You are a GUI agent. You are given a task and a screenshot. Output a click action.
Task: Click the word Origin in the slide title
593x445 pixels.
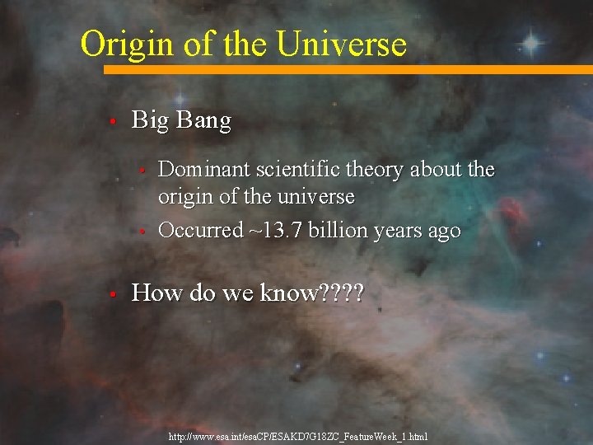point(124,44)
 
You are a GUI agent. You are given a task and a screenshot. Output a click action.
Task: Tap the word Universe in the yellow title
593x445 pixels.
point(342,44)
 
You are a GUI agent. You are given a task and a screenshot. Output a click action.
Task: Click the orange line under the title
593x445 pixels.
point(346,70)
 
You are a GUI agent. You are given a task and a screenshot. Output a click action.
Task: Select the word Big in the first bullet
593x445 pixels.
point(151,121)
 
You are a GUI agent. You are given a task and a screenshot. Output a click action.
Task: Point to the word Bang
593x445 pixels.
point(203,121)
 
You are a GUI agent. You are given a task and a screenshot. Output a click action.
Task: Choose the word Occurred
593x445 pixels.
point(200,230)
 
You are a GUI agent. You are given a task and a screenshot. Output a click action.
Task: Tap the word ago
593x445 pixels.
point(443,230)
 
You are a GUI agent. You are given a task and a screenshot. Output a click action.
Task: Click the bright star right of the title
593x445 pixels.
point(530,43)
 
